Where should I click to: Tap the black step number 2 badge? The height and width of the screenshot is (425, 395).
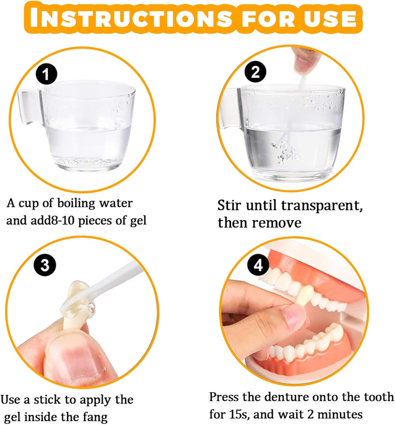tap(255, 72)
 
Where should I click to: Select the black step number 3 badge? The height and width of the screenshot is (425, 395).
tap(45, 265)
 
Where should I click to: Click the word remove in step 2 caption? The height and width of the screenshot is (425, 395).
tap(276, 223)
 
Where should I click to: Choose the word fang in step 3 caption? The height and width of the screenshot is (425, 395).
tap(95, 417)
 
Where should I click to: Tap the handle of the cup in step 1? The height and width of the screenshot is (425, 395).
tap(29, 107)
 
